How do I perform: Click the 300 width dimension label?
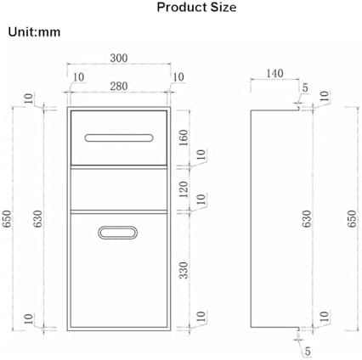(x=119, y=58)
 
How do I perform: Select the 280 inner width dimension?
(x=119, y=86)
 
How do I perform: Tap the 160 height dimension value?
(x=184, y=138)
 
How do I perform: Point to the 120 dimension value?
(x=184, y=189)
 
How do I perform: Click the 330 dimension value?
(x=184, y=270)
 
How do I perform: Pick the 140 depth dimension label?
(x=274, y=74)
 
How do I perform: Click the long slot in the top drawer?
(x=119, y=138)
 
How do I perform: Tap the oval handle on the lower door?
(x=118, y=233)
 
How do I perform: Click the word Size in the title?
(x=223, y=7)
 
